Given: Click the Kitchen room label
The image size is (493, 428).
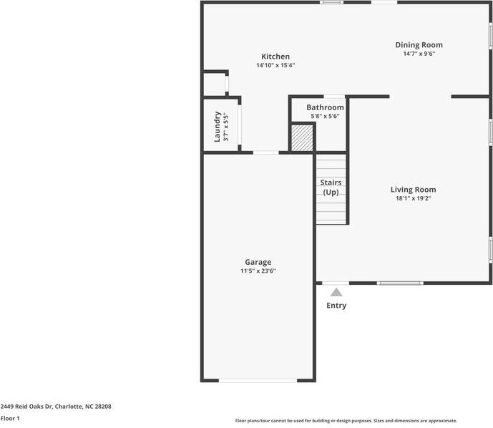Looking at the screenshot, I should tap(275, 57).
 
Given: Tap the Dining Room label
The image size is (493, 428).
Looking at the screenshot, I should tap(419, 45).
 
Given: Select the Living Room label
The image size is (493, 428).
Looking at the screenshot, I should tap(413, 190).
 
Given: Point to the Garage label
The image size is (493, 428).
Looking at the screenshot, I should tap(258, 262).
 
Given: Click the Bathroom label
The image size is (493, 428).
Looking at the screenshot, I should tap(325, 107).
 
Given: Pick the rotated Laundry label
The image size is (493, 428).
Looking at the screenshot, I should tap(217, 127).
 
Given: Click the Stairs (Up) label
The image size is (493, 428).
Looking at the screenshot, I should tap(331, 188).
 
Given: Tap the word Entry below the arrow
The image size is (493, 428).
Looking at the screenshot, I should tap(336, 306).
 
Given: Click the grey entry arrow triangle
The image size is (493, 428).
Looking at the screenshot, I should tap(336, 291).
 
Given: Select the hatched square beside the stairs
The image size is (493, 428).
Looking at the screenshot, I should tap(302, 137).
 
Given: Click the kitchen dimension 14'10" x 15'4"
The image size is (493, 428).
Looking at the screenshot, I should tap(275, 65).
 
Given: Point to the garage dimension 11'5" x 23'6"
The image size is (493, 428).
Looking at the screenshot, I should tap(258, 271).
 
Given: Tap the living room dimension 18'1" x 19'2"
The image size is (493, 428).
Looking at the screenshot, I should tap(413, 198).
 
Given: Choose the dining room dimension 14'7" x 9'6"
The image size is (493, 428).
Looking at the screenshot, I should tap(419, 54).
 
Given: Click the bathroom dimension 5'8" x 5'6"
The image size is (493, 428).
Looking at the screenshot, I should tap(325, 116).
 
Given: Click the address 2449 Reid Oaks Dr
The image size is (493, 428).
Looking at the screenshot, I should tap(56, 406).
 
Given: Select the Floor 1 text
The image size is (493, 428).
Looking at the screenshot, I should tap(10, 418).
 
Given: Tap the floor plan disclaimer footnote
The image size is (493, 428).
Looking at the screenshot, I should tap(346, 421).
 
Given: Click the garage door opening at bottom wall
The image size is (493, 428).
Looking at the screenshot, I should tap(258, 380).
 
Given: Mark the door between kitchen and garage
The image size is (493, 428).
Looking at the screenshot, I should tap(266, 152).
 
